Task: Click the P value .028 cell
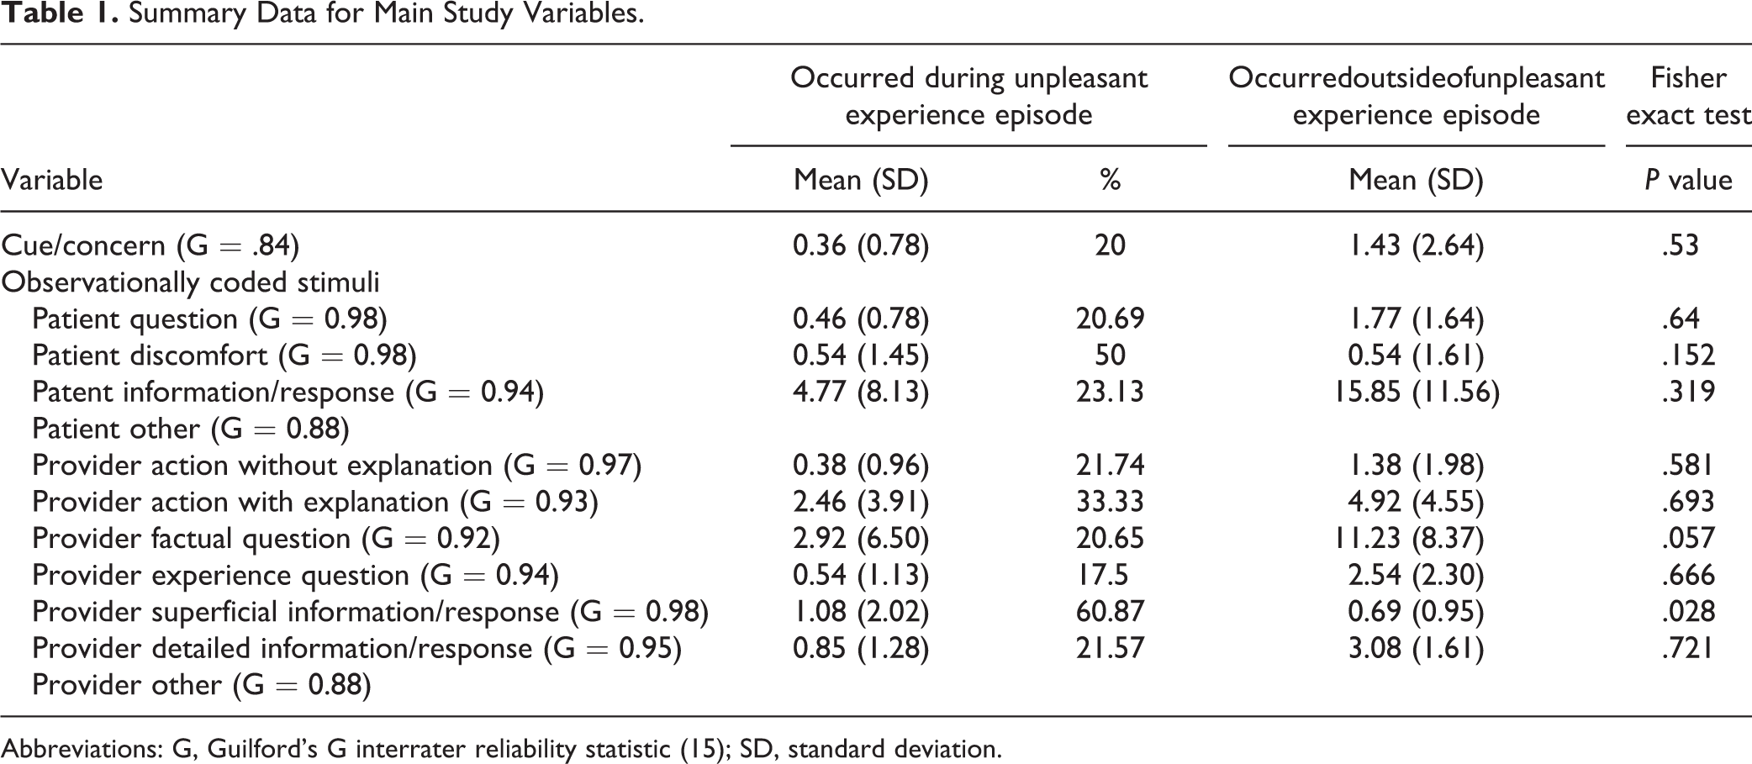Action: point(1688,611)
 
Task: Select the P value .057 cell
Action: point(1688,538)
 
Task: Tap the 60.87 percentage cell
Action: point(1110,611)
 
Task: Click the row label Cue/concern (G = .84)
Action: point(150,245)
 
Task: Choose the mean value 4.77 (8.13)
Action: point(861,392)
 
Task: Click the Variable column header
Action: point(51,180)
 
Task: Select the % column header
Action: point(1110,180)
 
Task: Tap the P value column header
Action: point(1688,180)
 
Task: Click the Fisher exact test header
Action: point(1688,96)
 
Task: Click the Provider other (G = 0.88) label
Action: point(202,685)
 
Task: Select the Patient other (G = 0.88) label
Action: point(191,429)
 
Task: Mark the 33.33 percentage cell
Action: point(1110,502)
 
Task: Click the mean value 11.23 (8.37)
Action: point(1416,538)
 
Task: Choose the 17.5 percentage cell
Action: point(1102,575)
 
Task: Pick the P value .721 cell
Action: point(1688,648)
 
